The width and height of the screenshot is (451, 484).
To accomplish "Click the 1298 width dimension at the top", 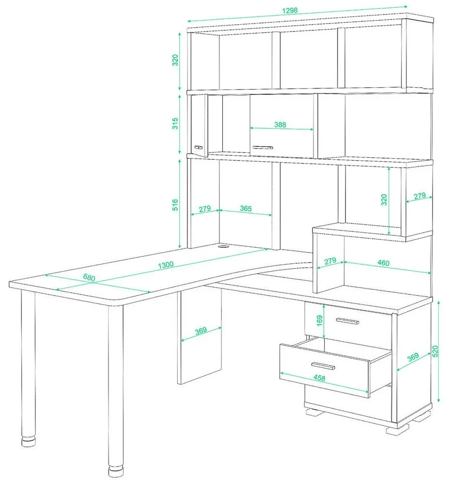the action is point(290,11).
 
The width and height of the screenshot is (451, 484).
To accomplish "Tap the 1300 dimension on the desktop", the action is point(166,265).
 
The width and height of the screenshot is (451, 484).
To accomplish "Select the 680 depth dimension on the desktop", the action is point(89,277).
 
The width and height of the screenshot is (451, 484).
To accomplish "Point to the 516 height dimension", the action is point(175,205).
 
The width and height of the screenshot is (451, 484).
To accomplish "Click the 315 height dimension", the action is point(175,123).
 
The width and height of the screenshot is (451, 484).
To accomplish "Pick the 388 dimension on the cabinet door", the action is point(280,125).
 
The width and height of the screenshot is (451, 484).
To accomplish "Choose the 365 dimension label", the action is point(246,209).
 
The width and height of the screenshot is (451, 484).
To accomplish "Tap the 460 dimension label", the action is point(383,263).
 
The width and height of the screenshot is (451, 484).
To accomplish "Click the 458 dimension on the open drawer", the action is point(319,378).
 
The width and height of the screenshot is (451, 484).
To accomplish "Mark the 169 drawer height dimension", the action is point(320,321).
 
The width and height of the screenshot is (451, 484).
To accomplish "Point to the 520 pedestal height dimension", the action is point(435,351).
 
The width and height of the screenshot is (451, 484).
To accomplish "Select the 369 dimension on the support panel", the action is point(201,331).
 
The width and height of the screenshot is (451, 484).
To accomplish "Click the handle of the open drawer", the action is point(323,366).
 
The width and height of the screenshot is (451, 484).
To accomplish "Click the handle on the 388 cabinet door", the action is point(263,148).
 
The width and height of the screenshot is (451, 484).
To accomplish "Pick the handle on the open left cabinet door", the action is point(198,147).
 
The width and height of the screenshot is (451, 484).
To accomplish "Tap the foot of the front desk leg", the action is point(115,471).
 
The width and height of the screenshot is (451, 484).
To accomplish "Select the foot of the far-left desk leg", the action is point(29,441).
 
